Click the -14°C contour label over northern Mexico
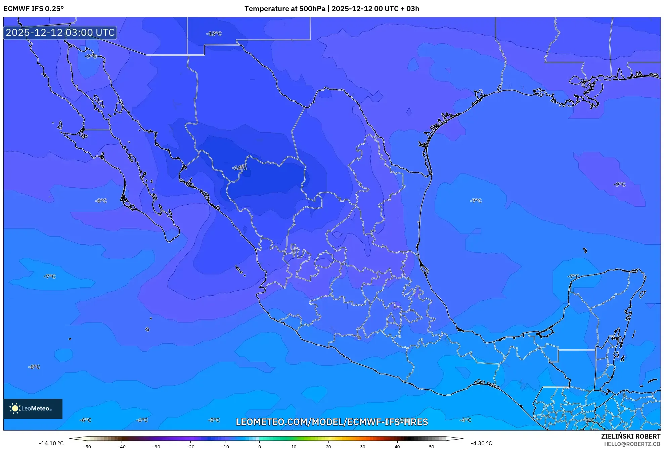point(239,168)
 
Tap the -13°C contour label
point(214,34)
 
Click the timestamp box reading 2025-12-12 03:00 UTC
point(60,33)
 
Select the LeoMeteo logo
point(33,408)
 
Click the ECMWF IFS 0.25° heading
point(34,9)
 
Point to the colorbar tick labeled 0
point(259,446)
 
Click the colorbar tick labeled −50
point(87,446)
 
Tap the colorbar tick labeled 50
point(431,446)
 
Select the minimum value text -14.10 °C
point(51,443)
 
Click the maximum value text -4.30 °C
point(481,443)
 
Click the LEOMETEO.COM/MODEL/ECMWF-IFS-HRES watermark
point(332,422)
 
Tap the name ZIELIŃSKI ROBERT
point(631,436)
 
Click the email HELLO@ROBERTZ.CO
point(632,444)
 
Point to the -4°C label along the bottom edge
point(466,420)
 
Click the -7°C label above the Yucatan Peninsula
point(573,277)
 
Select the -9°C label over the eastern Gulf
point(619,184)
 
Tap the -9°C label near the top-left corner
point(90,56)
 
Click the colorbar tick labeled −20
point(190,446)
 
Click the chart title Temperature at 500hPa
point(284,9)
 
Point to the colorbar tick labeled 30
point(362,446)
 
